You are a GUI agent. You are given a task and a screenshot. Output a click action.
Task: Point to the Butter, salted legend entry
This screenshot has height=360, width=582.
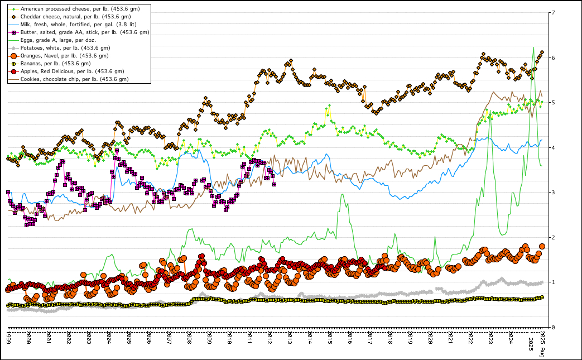click(84, 32)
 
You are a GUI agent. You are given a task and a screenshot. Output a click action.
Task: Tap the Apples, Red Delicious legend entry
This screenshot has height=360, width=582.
click(72, 71)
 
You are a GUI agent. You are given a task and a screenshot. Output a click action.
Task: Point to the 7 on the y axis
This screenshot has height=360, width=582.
click(552, 13)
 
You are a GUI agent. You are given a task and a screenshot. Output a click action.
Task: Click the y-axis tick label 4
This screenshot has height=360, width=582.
click(552, 148)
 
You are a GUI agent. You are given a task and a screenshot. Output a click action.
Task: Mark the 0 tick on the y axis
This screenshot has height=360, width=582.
click(552, 328)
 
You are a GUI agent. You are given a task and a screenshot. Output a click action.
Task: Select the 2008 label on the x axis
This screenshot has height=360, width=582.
click(189, 338)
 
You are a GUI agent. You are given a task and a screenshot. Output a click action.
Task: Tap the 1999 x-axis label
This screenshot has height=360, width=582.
click(8, 338)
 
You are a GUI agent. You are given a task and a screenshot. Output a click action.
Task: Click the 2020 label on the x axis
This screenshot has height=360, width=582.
click(430, 338)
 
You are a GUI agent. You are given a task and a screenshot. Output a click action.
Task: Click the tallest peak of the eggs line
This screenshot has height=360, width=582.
click(534, 47)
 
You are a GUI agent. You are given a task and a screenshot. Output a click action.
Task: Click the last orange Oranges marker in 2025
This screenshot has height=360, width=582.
click(542, 246)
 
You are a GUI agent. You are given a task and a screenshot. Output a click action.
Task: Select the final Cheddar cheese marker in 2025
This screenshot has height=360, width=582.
click(542, 52)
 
